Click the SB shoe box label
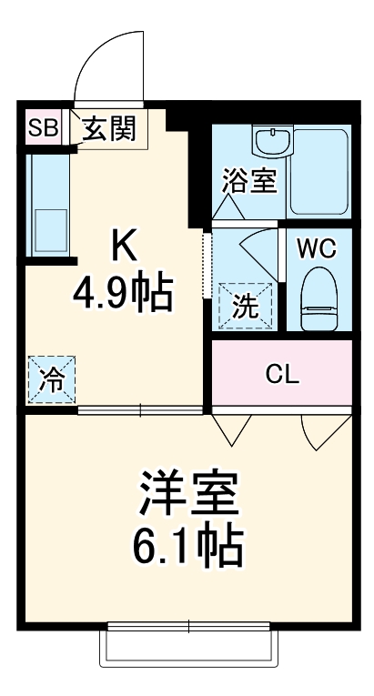point(41,129)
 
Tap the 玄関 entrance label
point(108,129)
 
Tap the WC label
point(318,247)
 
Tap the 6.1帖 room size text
point(188,547)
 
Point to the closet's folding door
point(232,428)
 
